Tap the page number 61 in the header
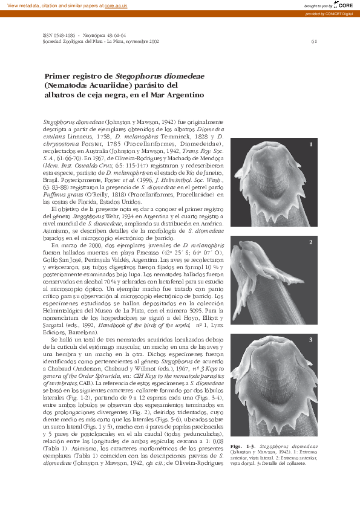tap(313, 42)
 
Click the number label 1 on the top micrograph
tap(310, 145)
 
